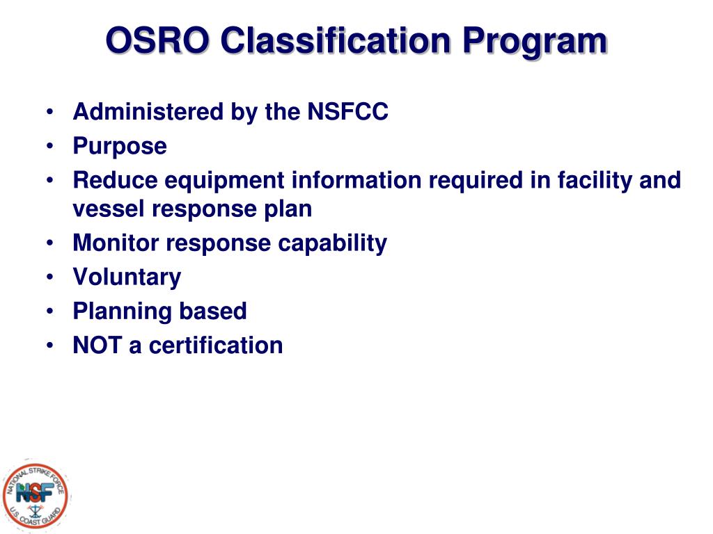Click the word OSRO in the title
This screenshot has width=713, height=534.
tap(156, 41)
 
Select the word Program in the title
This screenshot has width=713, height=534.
tap(535, 41)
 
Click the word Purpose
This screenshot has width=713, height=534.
tap(120, 147)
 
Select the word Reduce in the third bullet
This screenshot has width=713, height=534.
tap(115, 181)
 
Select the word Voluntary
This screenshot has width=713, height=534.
tap(127, 277)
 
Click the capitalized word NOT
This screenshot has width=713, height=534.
tap(97, 345)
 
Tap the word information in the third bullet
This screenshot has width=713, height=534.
tap(356, 181)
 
